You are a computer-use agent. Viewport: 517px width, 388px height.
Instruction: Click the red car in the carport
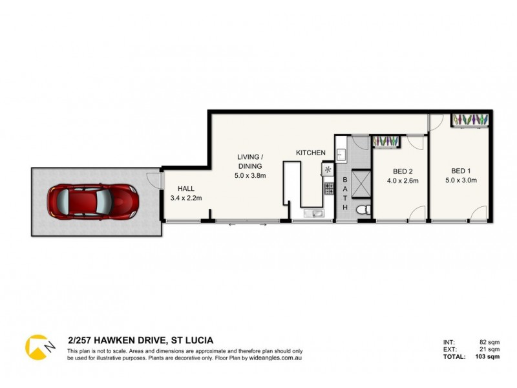coord(92,201)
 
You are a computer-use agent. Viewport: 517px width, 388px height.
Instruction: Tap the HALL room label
coord(178,189)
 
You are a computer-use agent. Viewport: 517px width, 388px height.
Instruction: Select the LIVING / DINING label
coord(249,161)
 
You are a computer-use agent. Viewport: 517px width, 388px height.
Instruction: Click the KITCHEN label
coord(311,153)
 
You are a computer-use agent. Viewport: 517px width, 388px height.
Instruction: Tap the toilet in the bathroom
coord(363,208)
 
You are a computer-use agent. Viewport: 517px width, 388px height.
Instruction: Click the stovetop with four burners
coord(328,189)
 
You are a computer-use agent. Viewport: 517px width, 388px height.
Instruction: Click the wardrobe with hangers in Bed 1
coord(473,120)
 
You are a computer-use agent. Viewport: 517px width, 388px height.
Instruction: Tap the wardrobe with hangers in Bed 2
coord(387,142)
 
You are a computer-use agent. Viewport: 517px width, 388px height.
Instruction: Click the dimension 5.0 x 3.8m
coord(249,175)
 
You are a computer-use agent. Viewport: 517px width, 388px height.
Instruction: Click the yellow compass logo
coord(39,346)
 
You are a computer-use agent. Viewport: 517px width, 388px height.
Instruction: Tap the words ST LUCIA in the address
coord(193,339)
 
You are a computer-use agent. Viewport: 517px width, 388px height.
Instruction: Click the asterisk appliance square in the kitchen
coord(328,169)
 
